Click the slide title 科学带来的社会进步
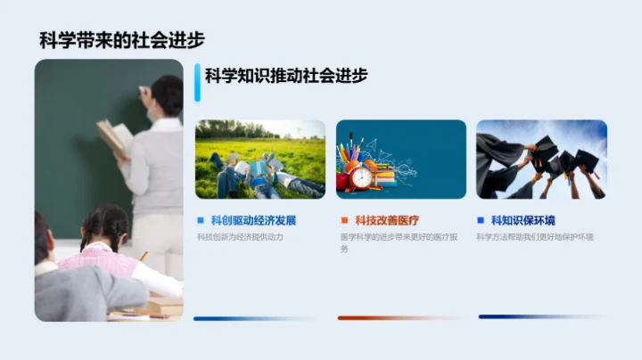click(122, 40)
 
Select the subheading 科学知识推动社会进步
click(285, 77)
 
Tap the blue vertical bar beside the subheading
click(197, 81)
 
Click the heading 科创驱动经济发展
click(253, 220)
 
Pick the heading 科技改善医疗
click(386, 220)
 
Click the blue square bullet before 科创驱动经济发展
click(201, 220)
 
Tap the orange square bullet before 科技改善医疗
click(343, 220)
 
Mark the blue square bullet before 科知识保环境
click(481, 220)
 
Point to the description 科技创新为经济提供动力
click(240, 237)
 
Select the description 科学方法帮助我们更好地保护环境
click(535, 237)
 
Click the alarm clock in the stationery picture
click(361, 176)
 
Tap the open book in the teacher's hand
click(115, 136)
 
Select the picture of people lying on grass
click(260, 159)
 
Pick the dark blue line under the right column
click(541, 316)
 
